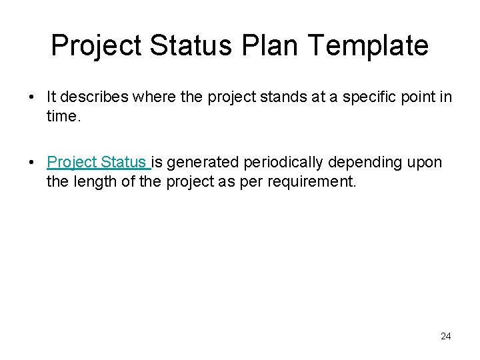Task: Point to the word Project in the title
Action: (97, 45)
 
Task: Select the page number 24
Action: (446, 336)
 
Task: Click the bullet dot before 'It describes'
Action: (32, 97)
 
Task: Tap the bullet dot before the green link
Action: (32, 163)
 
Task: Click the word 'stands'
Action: (273, 97)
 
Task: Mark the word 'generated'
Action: (206, 162)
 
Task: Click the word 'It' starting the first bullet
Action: (51, 97)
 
